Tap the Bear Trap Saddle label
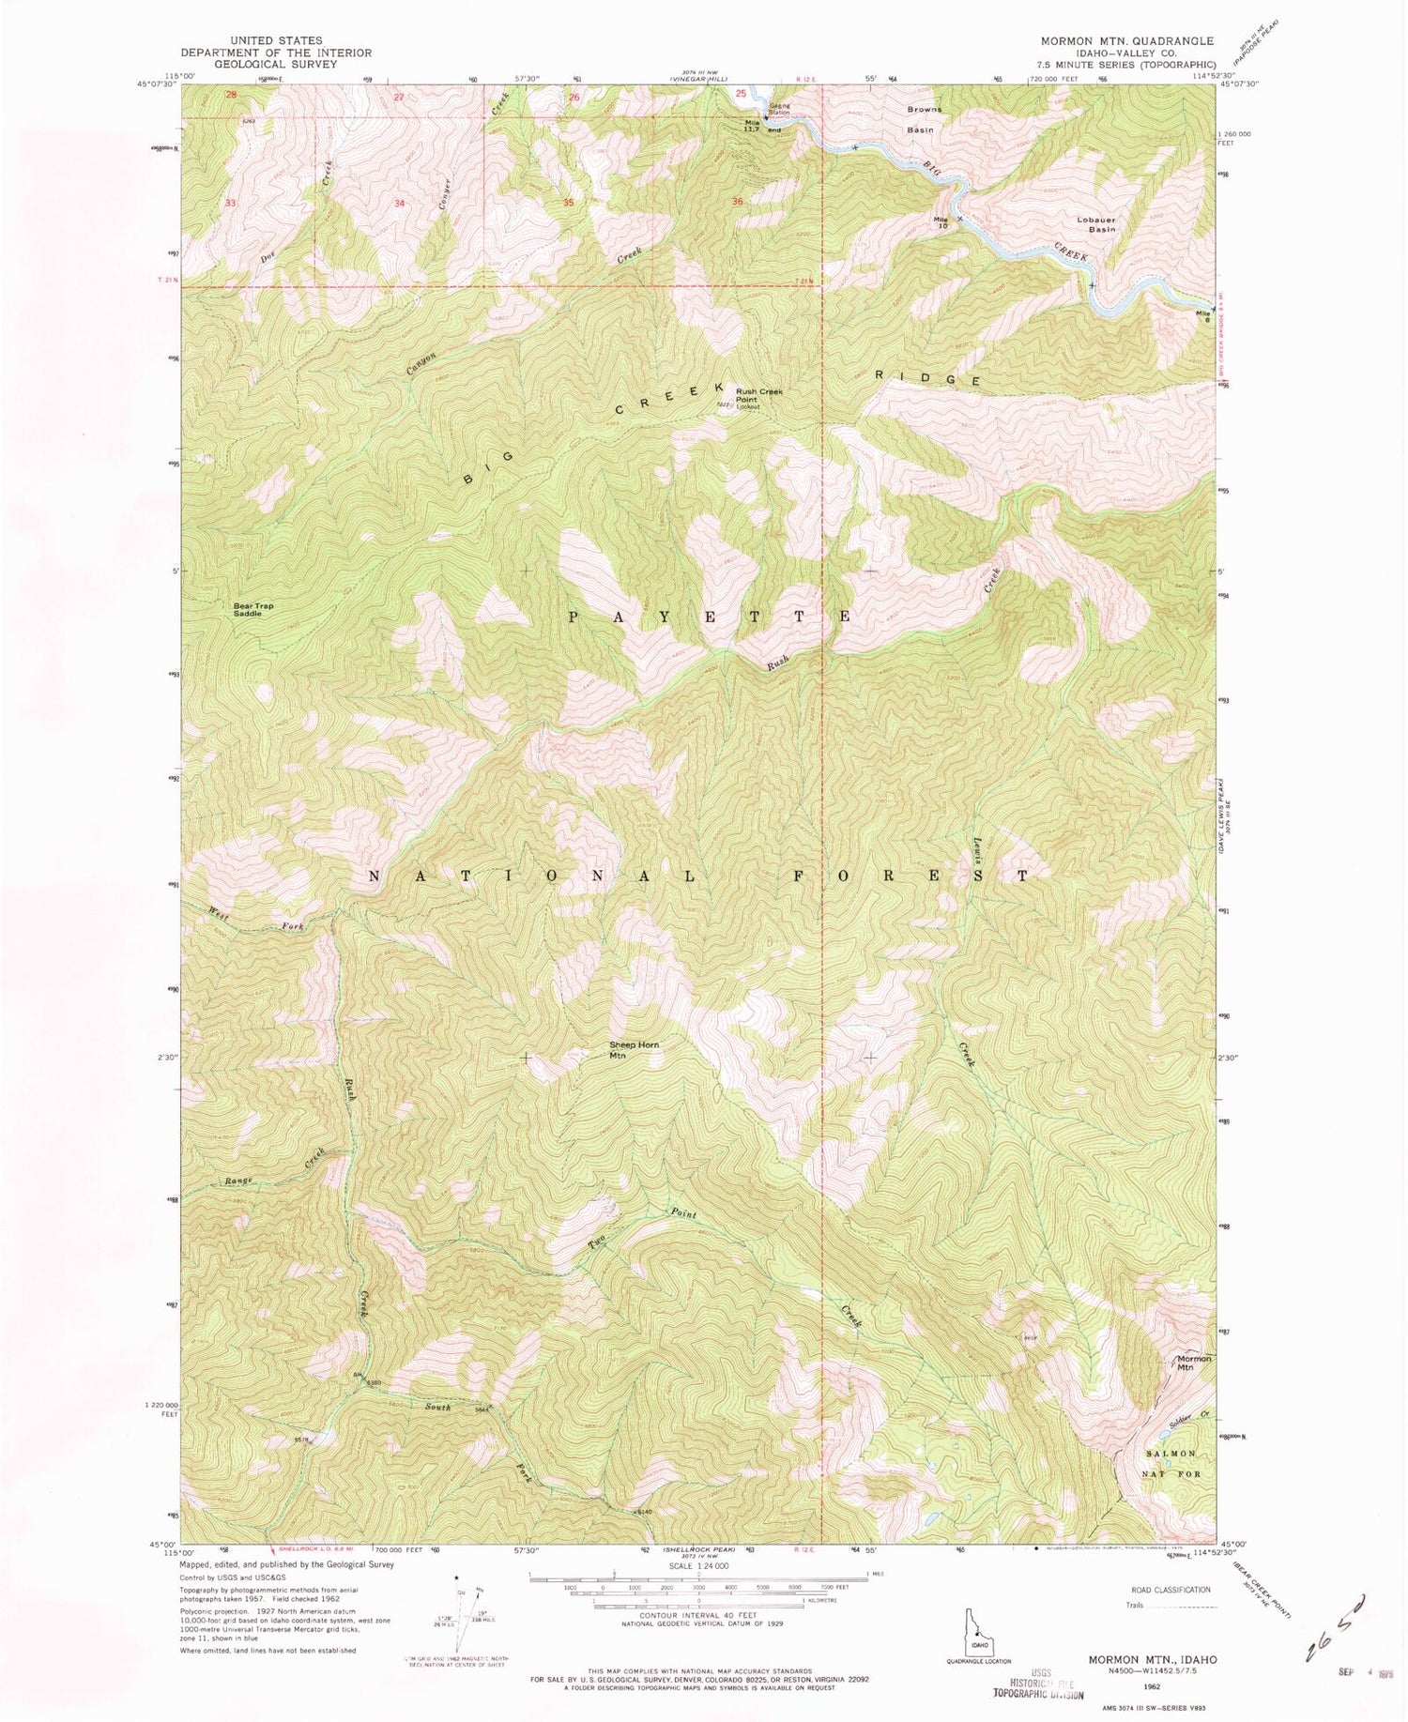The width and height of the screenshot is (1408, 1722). point(254,608)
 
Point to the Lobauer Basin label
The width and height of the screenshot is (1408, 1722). point(1096,224)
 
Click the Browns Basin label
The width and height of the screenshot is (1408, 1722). point(924,119)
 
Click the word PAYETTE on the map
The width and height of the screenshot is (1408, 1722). point(710,617)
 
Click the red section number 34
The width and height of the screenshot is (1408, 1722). point(400,204)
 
